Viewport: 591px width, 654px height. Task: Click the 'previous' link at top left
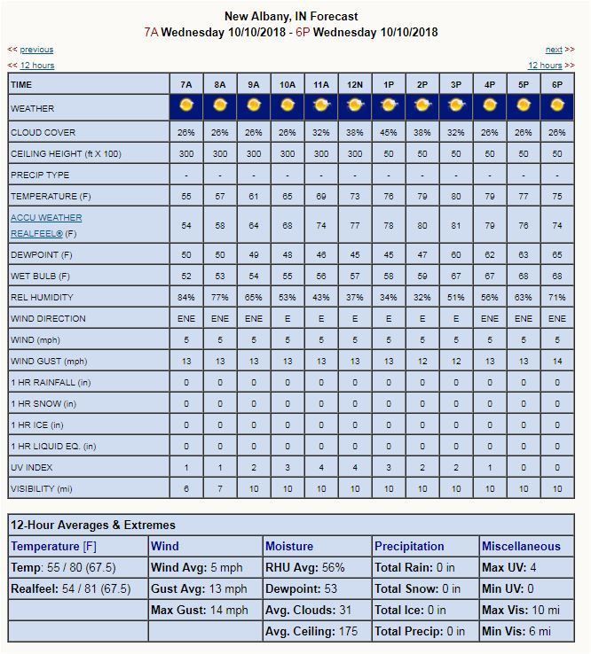[36, 50]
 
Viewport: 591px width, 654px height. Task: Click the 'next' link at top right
[554, 50]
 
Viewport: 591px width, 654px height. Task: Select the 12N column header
[355, 84]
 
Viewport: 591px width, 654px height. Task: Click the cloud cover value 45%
[389, 133]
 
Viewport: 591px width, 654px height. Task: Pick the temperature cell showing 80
[456, 196]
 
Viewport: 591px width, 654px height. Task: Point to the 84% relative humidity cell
[186, 298]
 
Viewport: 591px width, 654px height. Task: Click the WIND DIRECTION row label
[48, 319]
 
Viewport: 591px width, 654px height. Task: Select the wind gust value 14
[557, 362]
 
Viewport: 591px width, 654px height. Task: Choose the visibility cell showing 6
[186, 489]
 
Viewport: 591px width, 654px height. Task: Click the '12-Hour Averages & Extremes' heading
[93, 525]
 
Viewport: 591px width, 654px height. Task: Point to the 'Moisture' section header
[289, 546]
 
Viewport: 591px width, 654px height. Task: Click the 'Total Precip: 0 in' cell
[420, 631]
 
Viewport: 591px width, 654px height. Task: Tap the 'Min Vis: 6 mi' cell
[516, 631]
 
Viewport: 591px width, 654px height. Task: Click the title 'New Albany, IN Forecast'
[291, 16]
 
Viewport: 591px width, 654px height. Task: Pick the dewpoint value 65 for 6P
[557, 255]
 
